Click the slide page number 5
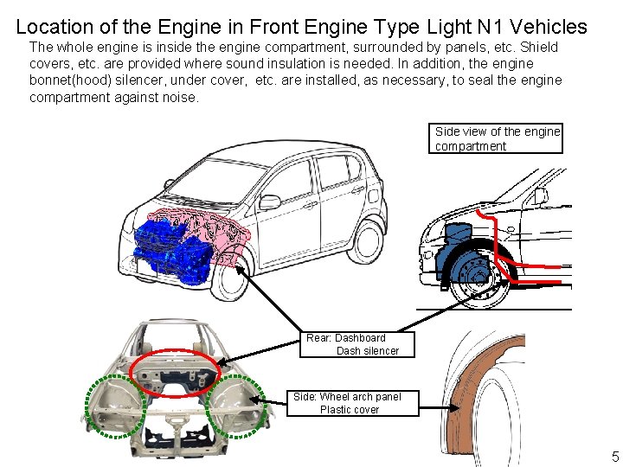click(x=615, y=457)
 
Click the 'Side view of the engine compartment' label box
click(x=497, y=138)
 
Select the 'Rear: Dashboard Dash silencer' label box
click(x=357, y=344)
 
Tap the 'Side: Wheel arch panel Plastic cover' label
click(x=348, y=403)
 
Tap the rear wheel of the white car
click(x=369, y=241)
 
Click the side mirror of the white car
click(x=269, y=202)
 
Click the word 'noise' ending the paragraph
click(x=179, y=97)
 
